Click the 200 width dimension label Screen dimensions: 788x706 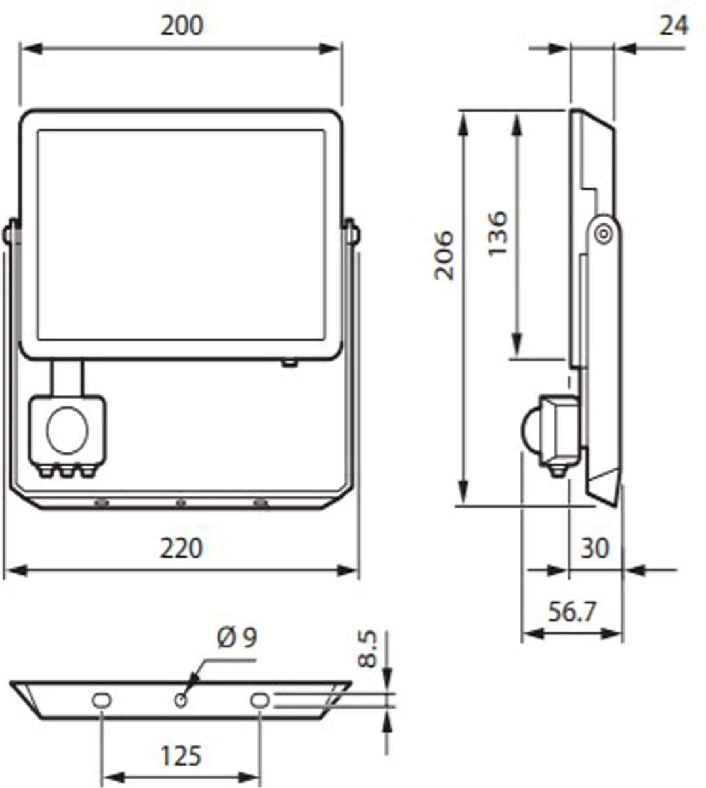[x=182, y=26]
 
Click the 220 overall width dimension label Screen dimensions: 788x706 [x=182, y=547]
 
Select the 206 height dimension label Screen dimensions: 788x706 [x=445, y=255]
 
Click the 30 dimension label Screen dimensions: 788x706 [x=594, y=547]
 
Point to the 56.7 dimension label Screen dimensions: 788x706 [x=571, y=612]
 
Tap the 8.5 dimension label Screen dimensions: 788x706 [x=369, y=649]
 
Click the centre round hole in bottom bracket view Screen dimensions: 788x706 [x=180, y=700]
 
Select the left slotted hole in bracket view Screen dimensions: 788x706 [x=101, y=700]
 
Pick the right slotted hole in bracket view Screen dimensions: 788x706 [x=260, y=700]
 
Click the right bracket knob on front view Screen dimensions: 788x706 [x=354, y=233]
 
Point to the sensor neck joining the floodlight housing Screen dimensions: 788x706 [x=68, y=377]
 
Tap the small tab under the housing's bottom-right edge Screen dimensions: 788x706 [x=289, y=361]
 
